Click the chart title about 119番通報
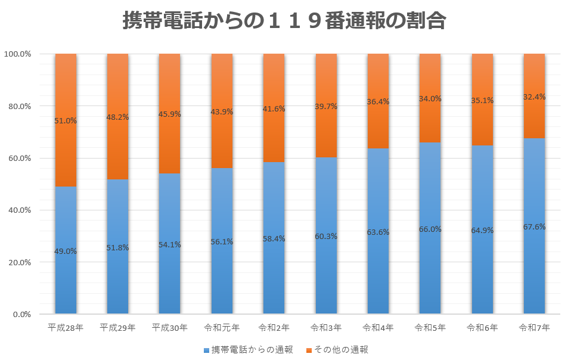pos(285,21)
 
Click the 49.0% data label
pos(66,251)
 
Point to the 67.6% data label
pos(534,226)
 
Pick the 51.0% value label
pos(66,120)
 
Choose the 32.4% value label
pos(534,97)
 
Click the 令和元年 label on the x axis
pos(222,327)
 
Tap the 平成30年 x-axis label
pos(170,327)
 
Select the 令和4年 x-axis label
pos(378,327)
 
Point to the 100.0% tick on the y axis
pos(18,54)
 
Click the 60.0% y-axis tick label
pos(20,158)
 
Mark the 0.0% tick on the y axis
pos(22,314)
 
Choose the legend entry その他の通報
pos(337,350)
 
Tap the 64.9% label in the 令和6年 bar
pos(482,230)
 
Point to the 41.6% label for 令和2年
pos(274,109)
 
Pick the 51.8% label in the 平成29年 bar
pos(117,247)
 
